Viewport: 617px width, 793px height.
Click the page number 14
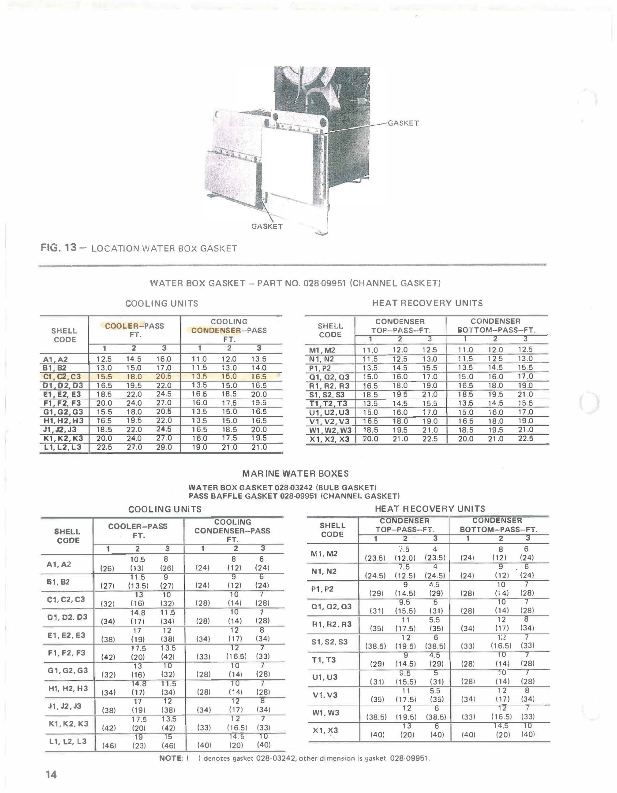(51, 774)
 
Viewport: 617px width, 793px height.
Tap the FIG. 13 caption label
(59, 248)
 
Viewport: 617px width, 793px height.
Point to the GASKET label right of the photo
(403, 123)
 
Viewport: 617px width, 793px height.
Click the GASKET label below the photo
(267, 226)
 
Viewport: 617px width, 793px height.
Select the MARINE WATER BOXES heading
(295, 474)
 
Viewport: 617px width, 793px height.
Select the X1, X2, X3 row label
(329, 439)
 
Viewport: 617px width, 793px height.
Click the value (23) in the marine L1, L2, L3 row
(138, 746)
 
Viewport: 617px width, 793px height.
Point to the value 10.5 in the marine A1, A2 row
(138, 559)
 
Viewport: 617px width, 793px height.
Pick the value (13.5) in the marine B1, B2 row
(138, 586)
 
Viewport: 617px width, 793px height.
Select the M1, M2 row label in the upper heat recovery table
(322, 351)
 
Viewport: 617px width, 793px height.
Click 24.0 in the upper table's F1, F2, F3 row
(134, 403)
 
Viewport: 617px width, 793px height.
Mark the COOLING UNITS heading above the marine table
(165, 509)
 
